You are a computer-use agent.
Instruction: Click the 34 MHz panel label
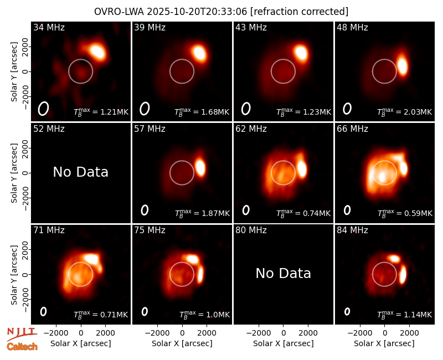point(49,27)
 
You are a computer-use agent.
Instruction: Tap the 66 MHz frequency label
point(352,129)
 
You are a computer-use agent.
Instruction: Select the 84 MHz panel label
point(352,230)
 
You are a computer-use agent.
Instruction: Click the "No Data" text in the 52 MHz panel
point(81,172)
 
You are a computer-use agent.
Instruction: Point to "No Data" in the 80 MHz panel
point(284,273)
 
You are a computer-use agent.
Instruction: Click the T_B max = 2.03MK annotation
point(405,112)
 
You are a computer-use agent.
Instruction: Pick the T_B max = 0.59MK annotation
point(405,213)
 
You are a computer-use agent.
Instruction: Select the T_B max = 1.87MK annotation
point(202,213)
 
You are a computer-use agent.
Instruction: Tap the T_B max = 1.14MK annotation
point(405,315)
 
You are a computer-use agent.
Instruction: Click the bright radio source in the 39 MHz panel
point(199,53)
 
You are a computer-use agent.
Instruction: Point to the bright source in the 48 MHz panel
point(403,66)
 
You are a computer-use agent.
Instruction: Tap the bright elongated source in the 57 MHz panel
point(200,167)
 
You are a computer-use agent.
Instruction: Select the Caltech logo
point(22,347)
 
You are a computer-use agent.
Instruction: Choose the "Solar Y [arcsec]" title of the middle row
point(14,173)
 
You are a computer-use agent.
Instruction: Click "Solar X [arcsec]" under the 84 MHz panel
point(384,343)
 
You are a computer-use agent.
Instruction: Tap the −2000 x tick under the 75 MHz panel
point(157,333)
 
